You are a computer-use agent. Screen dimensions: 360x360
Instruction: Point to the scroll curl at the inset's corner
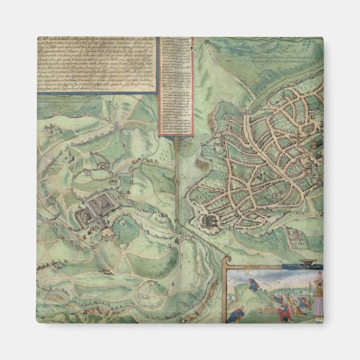[x=226, y=259]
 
